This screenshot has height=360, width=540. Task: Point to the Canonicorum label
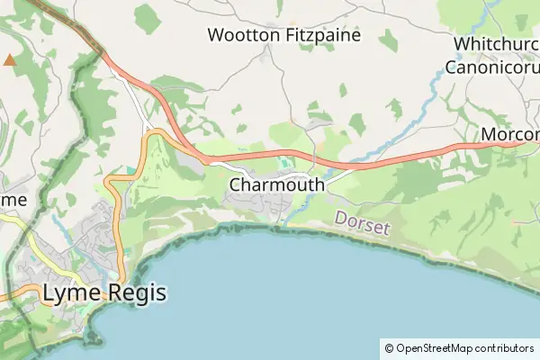click(x=493, y=66)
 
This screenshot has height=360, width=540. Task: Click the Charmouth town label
click(x=276, y=184)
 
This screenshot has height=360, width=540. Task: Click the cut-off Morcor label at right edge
click(x=510, y=134)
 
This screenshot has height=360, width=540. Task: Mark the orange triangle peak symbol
click(x=10, y=60)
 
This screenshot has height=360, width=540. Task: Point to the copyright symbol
click(x=389, y=347)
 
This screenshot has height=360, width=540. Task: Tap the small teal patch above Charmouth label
click(x=287, y=163)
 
